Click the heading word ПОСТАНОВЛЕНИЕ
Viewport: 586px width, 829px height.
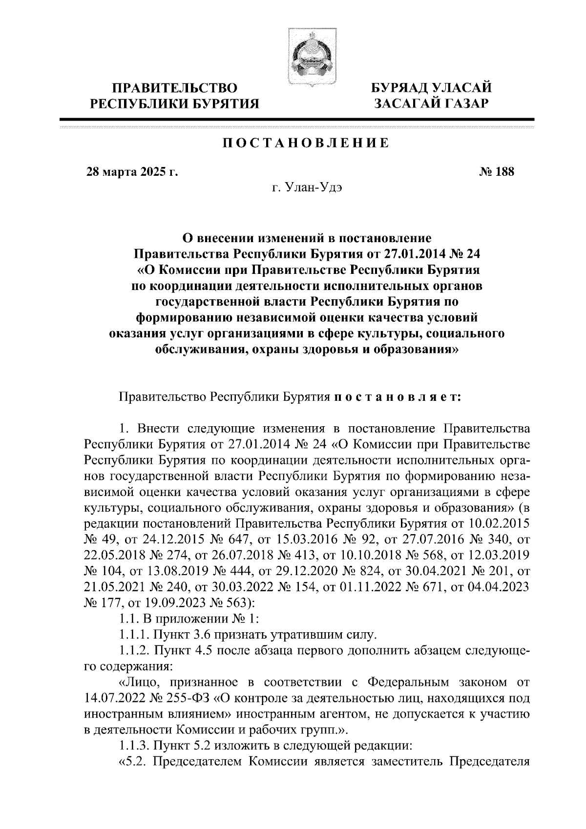tap(306, 143)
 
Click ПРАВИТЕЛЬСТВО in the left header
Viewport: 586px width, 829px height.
tap(175, 88)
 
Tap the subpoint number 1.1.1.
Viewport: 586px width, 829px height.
tap(135, 634)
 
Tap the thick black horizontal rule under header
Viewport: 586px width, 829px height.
tap(297, 119)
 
